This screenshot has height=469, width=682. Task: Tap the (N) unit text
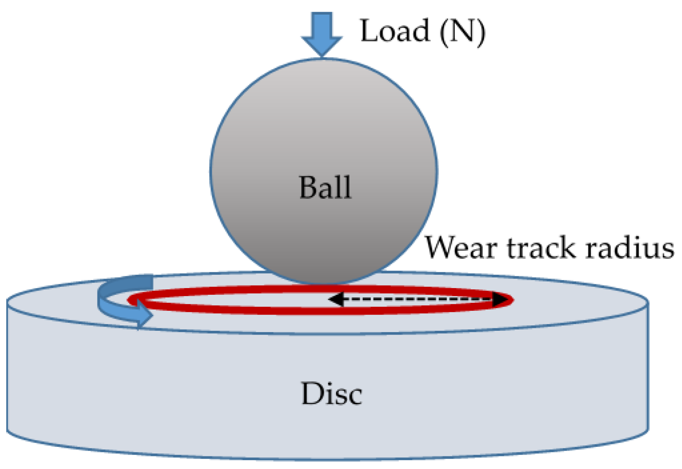pyautogui.click(x=462, y=32)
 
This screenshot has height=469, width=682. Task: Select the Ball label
pyautogui.click(x=325, y=187)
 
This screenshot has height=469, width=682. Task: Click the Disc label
pyautogui.click(x=331, y=394)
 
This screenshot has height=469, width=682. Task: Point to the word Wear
pyautogui.click(x=461, y=248)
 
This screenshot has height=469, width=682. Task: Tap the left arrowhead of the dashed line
pyautogui.click(x=336, y=299)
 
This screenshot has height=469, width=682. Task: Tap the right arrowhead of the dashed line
pyautogui.click(x=500, y=299)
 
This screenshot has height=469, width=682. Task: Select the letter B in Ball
pyautogui.click(x=308, y=187)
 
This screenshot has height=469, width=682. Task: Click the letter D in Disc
pyautogui.click(x=312, y=394)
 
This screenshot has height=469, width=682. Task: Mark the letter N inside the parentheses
pyautogui.click(x=462, y=32)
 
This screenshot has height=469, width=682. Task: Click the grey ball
pyautogui.click(x=323, y=126)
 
